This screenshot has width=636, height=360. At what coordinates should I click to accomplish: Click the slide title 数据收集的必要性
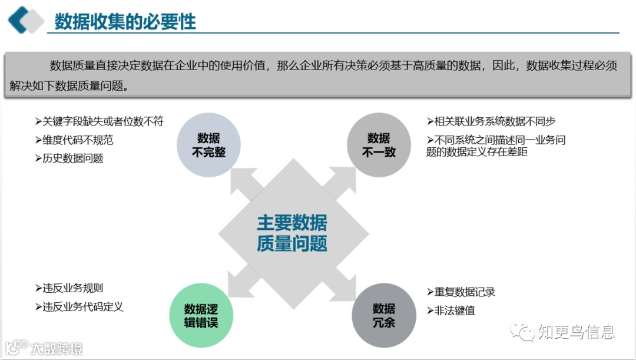[x=125, y=22]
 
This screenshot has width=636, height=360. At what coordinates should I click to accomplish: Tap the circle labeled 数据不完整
[x=208, y=145]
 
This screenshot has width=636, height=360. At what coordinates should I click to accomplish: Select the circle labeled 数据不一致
[x=378, y=145]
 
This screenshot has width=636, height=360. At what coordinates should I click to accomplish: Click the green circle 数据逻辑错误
[x=201, y=315]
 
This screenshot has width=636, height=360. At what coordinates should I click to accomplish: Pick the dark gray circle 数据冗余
[x=383, y=315]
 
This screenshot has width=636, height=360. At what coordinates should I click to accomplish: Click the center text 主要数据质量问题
[x=292, y=233]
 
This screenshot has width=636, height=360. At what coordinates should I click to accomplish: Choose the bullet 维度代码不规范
[x=74, y=140]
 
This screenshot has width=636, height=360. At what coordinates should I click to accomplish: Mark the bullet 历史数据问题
[x=69, y=158]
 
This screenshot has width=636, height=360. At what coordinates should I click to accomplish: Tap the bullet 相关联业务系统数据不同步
[x=491, y=121]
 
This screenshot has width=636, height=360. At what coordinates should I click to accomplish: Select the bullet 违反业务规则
[x=69, y=288]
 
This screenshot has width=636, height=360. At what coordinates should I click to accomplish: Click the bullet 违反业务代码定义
[x=79, y=307]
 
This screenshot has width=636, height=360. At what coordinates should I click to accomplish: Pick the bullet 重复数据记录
[x=461, y=292]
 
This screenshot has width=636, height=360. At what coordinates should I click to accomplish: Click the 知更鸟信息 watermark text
[x=576, y=332]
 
